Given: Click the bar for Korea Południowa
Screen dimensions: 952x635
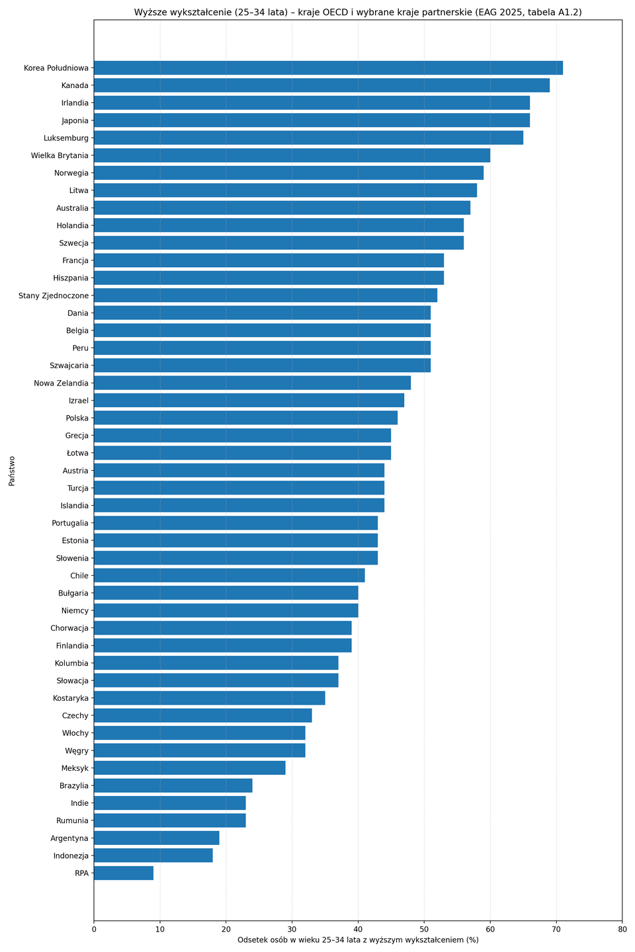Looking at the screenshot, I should [x=328, y=68].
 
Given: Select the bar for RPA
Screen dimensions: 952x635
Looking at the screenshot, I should [x=124, y=873].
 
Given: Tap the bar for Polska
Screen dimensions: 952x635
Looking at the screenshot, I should [x=245, y=418].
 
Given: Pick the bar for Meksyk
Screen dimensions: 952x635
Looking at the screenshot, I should [x=189, y=768].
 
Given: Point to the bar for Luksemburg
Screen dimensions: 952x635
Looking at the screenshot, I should [x=308, y=138].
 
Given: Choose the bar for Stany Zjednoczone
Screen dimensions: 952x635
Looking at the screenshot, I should [x=265, y=296].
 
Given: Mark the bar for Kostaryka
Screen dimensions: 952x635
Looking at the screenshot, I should [x=209, y=698].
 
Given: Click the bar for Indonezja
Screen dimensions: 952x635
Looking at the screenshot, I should [x=153, y=855].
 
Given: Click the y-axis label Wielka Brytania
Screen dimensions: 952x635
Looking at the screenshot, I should [x=60, y=155].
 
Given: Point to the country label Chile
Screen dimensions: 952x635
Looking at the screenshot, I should [x=79, y=576].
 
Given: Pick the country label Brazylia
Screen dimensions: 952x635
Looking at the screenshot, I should [x=72, y=785].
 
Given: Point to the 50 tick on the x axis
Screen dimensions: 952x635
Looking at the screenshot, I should [x=424, y=930].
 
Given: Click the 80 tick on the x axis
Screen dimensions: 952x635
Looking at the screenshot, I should [x=622, y=930].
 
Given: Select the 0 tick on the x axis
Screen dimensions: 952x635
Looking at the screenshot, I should [x=94, y=930].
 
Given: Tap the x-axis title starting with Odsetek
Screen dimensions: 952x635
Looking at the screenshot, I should [x=358, y=940].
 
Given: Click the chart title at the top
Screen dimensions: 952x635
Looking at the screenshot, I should [x=358, y=12].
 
